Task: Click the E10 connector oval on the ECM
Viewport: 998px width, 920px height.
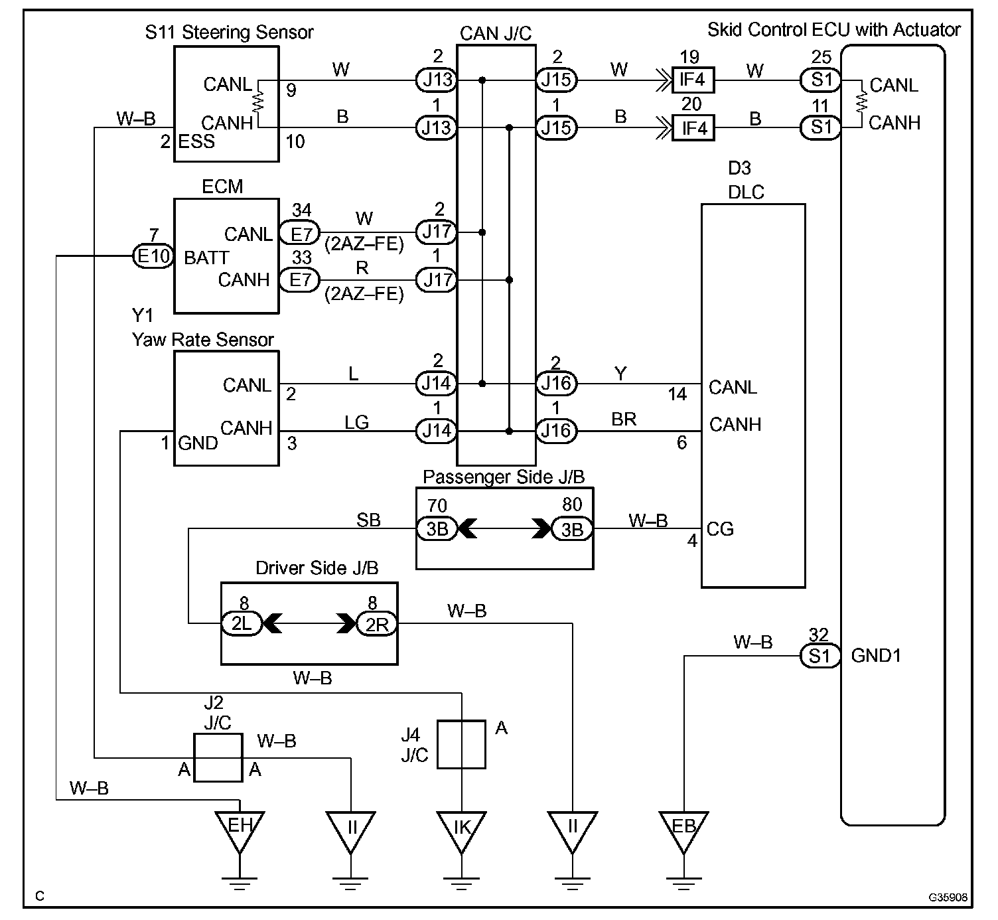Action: pyautogui.click(x=153, y=256)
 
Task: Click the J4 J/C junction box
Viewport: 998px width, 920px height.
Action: pyautogui.click(x=461, y=744)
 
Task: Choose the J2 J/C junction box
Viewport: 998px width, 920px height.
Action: pyautogui.click(x=218, y=758)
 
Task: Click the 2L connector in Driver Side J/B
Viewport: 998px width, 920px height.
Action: pyautogui.click(x=242, y=624)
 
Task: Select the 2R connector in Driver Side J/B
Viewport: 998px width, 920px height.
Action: pyautogui.click(x=377, y=624)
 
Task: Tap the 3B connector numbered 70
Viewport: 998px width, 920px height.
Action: pyautogui.click(x=437, y=528)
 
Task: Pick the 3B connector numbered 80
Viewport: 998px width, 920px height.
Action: pyautogui.click(x=572, y=528)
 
